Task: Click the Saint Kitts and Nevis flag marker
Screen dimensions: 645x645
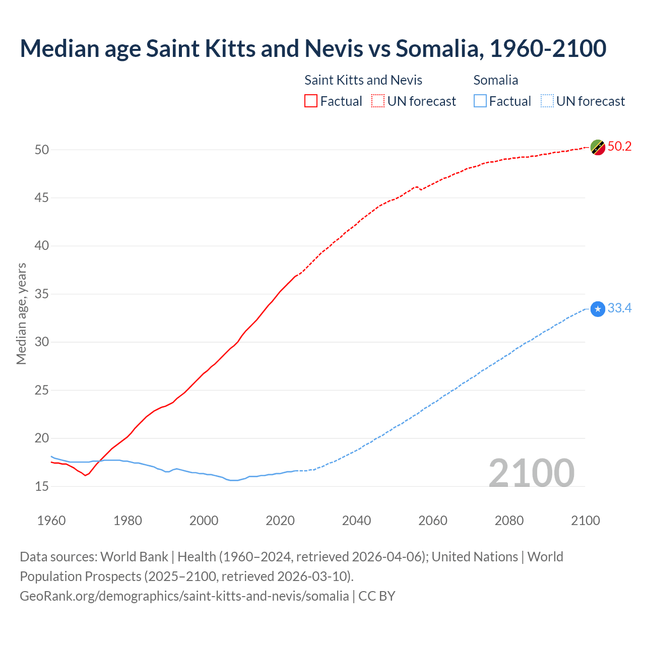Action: (598, 148)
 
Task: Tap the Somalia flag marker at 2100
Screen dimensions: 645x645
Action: (598, 309)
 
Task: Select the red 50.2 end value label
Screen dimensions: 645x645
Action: (619, 147)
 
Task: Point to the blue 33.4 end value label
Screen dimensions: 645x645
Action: (619, 308)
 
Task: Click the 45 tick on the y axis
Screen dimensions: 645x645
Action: (42, 198)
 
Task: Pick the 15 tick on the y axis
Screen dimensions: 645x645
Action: (42, 487)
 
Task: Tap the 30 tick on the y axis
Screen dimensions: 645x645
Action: (42, 342)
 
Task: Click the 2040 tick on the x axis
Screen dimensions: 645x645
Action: (356, 521)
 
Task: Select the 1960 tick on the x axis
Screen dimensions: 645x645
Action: (51, 521)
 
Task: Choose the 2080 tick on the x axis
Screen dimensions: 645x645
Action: (509, 521)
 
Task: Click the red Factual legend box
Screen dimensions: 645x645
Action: (311, 101)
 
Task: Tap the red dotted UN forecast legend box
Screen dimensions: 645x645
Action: (378, 101)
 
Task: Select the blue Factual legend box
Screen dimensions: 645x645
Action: (480, 101)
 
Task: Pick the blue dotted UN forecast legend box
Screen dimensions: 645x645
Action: (547, 101)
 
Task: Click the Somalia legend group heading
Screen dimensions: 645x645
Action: (496, 80)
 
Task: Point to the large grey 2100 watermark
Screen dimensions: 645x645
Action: (531, 473)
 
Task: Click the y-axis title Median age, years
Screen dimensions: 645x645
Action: (21, 313)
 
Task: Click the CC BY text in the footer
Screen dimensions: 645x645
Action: (377, 596)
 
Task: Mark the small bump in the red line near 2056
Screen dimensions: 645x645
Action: (417, 187)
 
